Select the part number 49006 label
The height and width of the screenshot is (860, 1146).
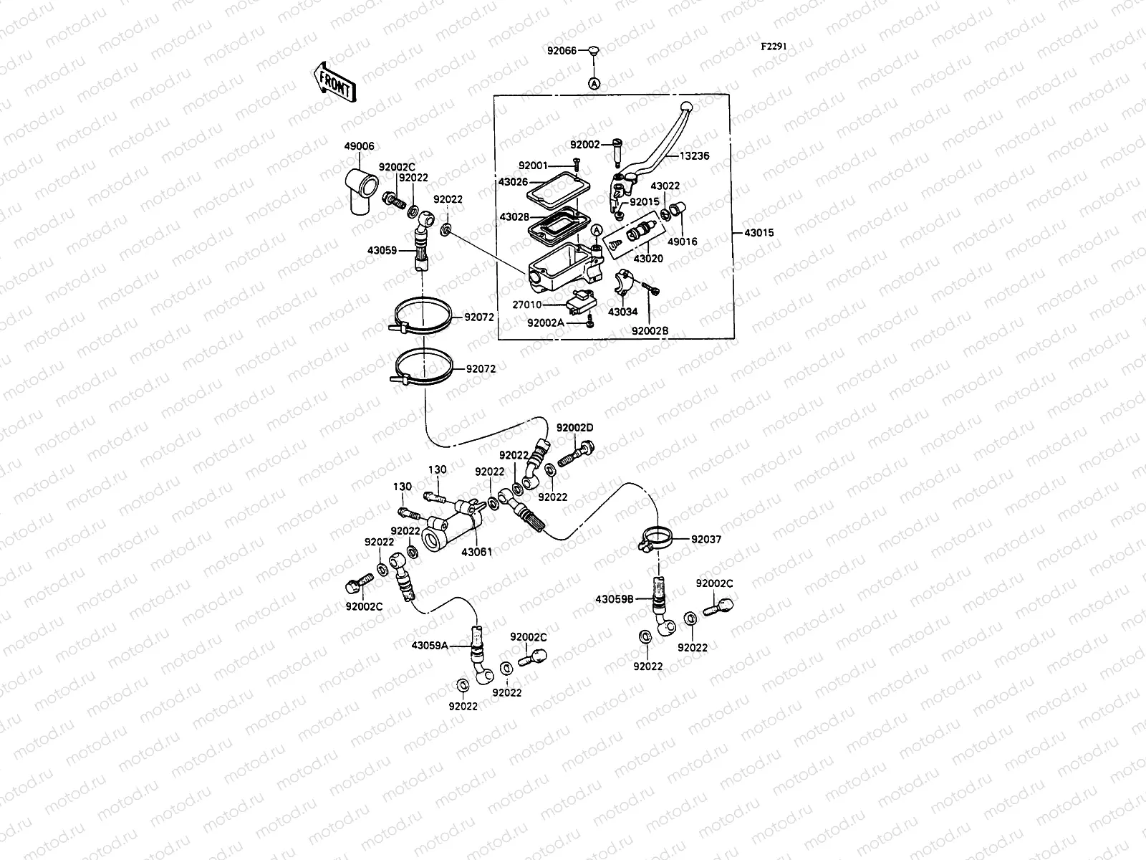359,145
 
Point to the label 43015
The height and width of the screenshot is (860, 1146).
759,233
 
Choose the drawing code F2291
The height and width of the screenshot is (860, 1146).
774,46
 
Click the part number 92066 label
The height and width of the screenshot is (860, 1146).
562,51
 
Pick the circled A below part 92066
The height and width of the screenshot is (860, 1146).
594,83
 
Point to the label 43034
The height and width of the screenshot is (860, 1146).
622,312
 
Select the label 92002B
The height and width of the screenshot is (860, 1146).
650,330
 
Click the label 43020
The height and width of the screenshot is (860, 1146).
648,258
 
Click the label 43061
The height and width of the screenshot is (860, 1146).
476,553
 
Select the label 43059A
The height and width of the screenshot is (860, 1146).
430,646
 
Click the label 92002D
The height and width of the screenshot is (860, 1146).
575,428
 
